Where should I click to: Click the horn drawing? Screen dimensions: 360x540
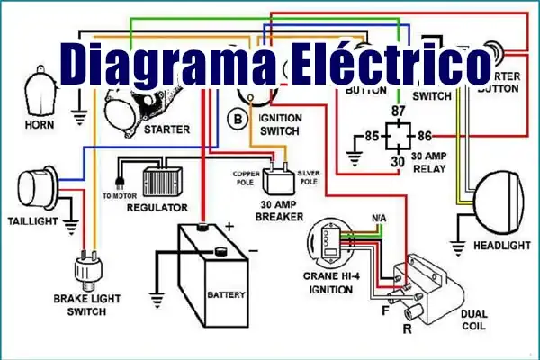[x=40, y=91]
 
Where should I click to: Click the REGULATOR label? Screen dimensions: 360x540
[x=157, y=208]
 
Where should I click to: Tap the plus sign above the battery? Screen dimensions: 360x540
[x=229, y=228]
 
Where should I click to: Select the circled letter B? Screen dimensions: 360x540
[x=237, y=118]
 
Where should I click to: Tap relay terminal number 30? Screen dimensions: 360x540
[x=397, y=161]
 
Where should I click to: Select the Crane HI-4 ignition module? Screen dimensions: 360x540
[x=328, y=243]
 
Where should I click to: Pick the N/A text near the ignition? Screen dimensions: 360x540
[x=380, y=219]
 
